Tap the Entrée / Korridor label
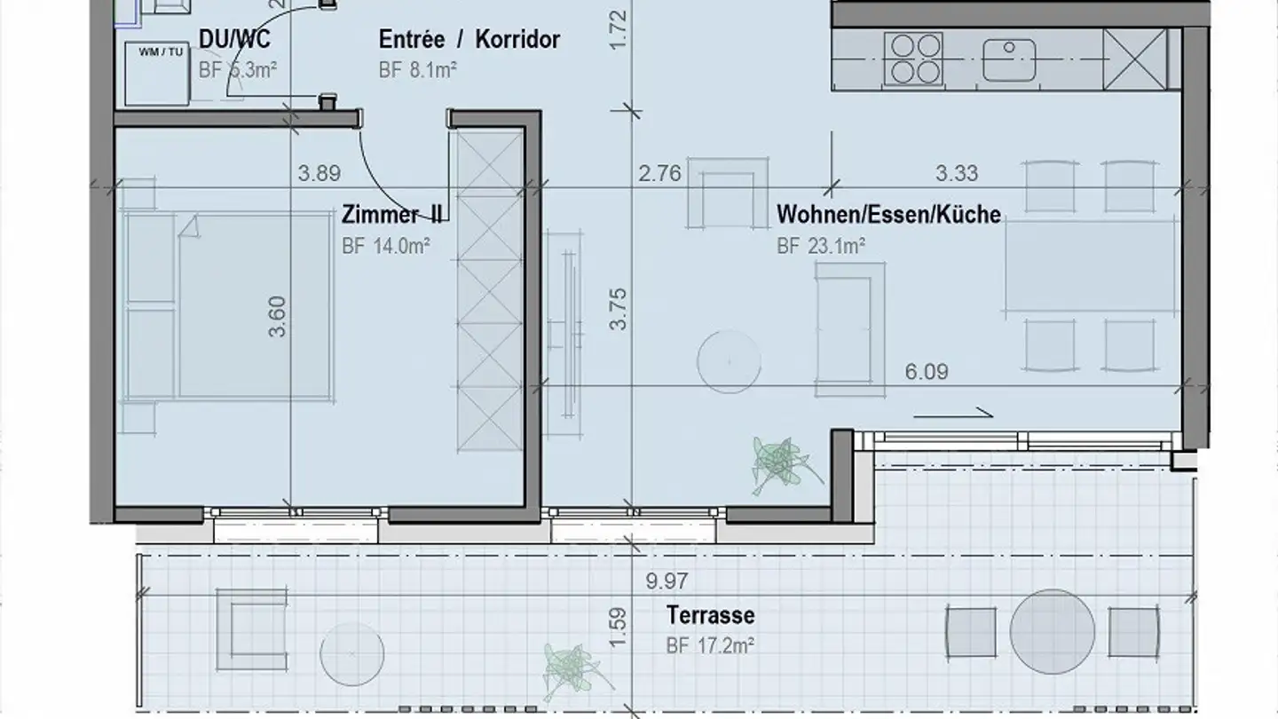(469, 40)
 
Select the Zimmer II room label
(391, 215)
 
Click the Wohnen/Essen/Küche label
(888, 215)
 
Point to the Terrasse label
(710, 615)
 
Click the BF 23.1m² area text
(821, 246)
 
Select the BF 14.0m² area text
(386, 246)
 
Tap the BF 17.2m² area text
(710, 645)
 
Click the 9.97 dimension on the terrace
(667, 581)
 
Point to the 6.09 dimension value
(926, 371)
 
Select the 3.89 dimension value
(319, 173)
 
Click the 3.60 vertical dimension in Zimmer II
(278, 316)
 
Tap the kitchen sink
(1009, 59)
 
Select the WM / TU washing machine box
(158, 73)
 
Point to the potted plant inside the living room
(778, 463)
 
